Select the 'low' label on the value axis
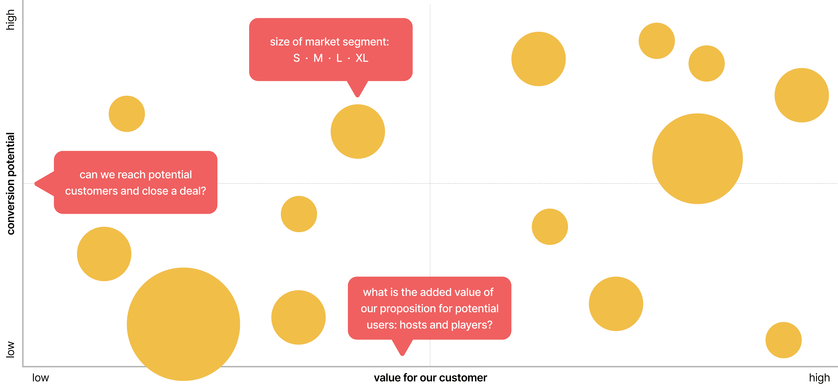point(40,378)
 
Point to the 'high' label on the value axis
point(819,378)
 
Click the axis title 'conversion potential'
point(10,183)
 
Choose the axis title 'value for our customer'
point(430,378)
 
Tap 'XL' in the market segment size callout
point(362,58)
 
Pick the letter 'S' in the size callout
point(296,58)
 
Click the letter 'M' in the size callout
point(318,58)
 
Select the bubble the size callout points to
point(358,131)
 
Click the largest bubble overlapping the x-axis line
point(183,324)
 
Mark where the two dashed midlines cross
point(430,183)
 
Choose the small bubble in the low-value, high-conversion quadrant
point(127,114)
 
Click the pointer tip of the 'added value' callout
point(402,355)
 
